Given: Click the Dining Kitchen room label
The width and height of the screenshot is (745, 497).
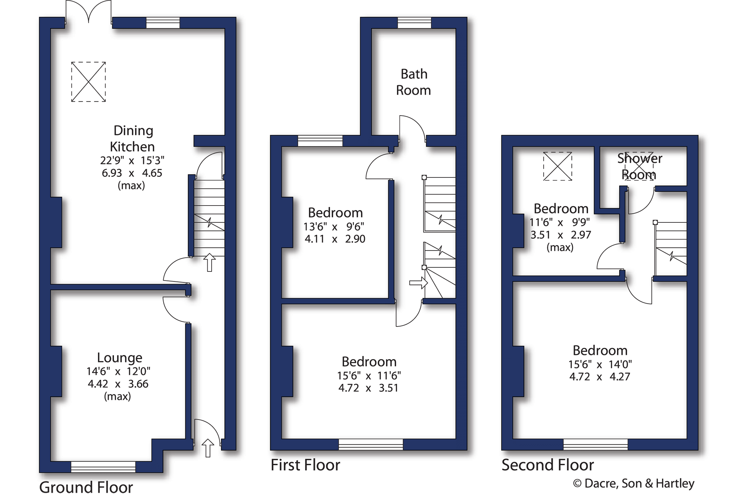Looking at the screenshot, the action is tap(132, 139).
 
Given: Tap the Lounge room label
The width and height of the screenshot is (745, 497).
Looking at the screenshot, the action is tap(119, 357).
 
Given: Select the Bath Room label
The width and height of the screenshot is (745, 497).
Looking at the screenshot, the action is tap(413, 82).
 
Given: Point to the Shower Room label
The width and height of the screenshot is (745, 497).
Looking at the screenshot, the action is tap(639, 166).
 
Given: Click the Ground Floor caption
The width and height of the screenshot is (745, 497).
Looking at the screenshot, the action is tap(86, 487).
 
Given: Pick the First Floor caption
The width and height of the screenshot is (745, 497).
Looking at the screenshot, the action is tap(305, 465).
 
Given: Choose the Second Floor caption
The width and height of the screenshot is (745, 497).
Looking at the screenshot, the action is tap(548, 465).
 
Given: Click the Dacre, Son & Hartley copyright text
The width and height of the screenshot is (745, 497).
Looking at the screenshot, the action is tap(634, 483).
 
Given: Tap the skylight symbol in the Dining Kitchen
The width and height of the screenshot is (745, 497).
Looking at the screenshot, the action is tap(88, 82).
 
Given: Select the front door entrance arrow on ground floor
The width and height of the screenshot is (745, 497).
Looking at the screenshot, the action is tap(208, 448).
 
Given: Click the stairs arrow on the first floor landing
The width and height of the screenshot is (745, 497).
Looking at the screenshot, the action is tap(418, 283).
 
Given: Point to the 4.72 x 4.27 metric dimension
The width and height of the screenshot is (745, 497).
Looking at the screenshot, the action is tap(600, 377).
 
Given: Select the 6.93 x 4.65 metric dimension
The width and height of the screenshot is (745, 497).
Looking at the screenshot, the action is tap(132, 173).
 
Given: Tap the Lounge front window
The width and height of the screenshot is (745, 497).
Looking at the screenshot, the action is tap(103, 467).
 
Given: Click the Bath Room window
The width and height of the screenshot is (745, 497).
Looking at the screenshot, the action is tap(414, 23).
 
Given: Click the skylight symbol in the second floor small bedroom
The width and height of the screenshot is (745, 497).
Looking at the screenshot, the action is tap(558, 166).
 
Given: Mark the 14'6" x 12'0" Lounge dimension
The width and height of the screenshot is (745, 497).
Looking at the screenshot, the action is tap(118, 371).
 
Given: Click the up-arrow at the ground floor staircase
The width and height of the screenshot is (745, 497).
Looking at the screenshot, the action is tap(210, 262).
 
